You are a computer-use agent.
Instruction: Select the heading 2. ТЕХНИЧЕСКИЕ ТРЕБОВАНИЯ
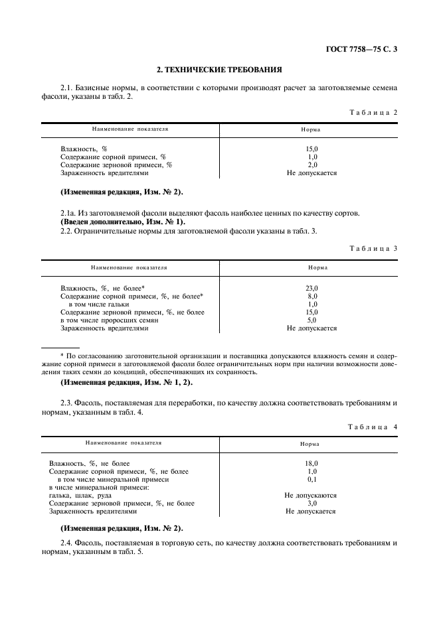pos(219,68)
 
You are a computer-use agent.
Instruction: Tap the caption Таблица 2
pos(373,112)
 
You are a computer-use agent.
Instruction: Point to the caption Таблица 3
pos(373,248)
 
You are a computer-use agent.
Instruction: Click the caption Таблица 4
pos(373,427)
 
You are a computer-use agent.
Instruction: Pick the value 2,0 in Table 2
pos(311,165)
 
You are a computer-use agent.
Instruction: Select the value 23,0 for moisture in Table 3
pos(311,288)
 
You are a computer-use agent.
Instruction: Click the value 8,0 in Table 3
pos(311,296)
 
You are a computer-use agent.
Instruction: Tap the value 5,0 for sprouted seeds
pos(311,320)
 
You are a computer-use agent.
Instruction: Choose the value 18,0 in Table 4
pos(311,463)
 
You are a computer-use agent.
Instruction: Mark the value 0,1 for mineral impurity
pos(311,479)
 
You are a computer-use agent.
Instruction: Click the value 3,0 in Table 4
pos(311,503)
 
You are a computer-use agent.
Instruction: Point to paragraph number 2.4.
pos(66,542)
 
